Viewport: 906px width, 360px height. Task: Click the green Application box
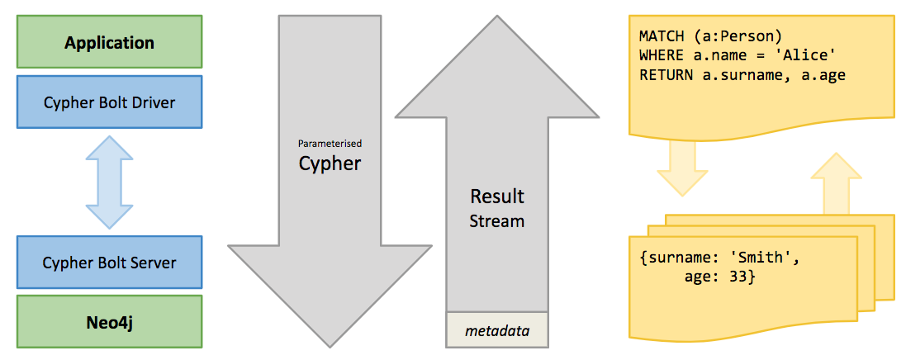pos(110,41)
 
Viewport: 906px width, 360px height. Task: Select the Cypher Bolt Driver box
pos(110,102)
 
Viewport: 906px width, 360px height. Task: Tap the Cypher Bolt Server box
pos(110,263)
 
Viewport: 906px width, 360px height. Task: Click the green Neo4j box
pos(110,321)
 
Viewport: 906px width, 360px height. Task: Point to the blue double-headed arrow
pos(110,182)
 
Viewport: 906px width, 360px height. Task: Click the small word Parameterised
pos(330,143)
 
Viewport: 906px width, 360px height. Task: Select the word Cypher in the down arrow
pos(330,163)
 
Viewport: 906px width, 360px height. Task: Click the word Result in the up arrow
pos(497,197)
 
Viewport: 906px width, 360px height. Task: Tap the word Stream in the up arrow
pos(497,220)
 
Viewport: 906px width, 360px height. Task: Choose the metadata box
pos(496,331)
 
